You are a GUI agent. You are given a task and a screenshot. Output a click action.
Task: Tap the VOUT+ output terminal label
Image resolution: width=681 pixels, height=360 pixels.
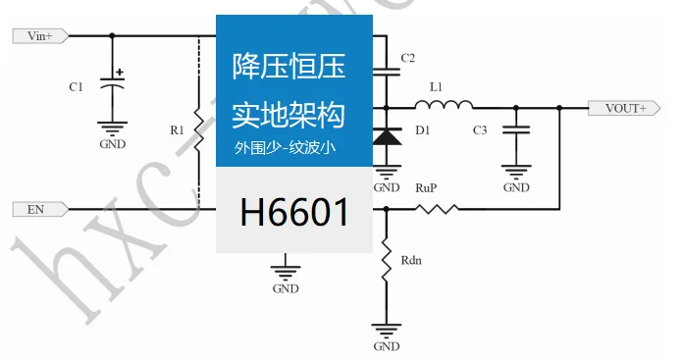click(x=625, y=108)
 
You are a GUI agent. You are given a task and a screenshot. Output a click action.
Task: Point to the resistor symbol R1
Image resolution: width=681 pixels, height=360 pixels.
click(x=197, y=130)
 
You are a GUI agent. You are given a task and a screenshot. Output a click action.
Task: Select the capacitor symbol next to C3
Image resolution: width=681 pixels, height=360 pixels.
click(x=514, y=130)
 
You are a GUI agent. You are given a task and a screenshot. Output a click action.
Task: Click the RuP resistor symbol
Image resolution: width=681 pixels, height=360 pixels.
click(x=436, y=208)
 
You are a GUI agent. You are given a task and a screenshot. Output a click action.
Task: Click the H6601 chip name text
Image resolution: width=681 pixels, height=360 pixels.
click(x=294, y=210)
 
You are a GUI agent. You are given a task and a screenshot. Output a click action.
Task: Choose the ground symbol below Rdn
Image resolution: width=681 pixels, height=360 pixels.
click(x=386, y=330)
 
